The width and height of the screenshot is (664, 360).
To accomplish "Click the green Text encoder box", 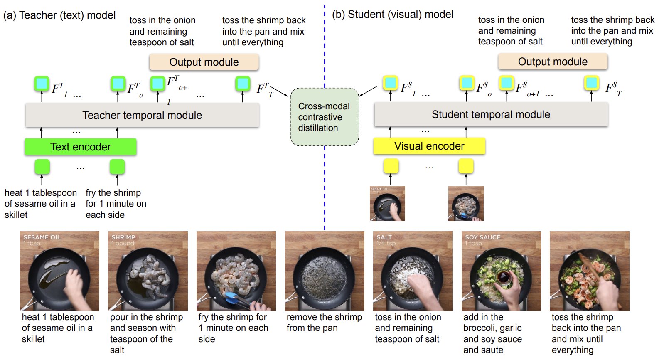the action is [x=81, y=147].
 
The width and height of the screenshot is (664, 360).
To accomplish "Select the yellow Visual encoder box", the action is [x=429, y=146].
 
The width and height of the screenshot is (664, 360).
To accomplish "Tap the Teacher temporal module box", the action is [x=142, y=115].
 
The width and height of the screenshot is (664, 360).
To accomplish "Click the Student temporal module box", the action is [x=491, y=114].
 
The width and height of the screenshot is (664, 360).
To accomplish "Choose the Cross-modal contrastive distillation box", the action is [x=324, y=117].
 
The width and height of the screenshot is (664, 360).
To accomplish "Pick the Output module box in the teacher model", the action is [x=204, y=62].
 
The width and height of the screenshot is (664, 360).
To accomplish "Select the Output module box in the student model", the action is [x=553, y=62].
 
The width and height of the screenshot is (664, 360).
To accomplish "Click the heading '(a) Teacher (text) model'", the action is [x=59, y=15].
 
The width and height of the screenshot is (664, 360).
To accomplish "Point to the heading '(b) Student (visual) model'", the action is [x=393, y=15].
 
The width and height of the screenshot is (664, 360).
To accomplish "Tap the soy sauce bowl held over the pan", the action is [x=503, y=278].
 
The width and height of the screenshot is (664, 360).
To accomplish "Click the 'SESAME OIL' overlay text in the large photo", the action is [x=42, y=237].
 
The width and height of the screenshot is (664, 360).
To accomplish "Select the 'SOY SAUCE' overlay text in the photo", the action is [x=482, y=237].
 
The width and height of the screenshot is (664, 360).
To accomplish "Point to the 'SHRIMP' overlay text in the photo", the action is [x=123, y=237].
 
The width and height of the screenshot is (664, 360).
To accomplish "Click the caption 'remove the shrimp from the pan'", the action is [x=324, y=322].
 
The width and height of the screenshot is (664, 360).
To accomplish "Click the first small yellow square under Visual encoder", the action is [x=391, y=166].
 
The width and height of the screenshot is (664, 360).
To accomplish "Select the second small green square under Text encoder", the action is [x=117, y=167].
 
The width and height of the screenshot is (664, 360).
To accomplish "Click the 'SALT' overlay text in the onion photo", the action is [x=384, y=237].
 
